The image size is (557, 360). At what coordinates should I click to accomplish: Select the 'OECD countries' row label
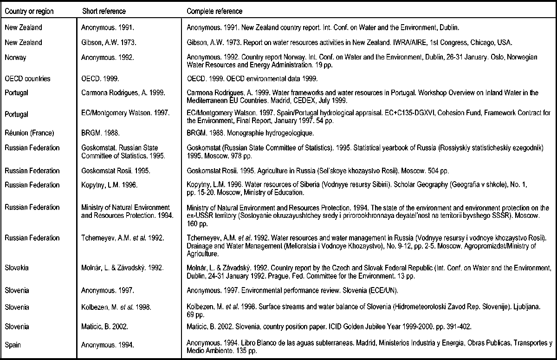26,79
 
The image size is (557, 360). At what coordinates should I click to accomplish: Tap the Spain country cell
14,344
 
